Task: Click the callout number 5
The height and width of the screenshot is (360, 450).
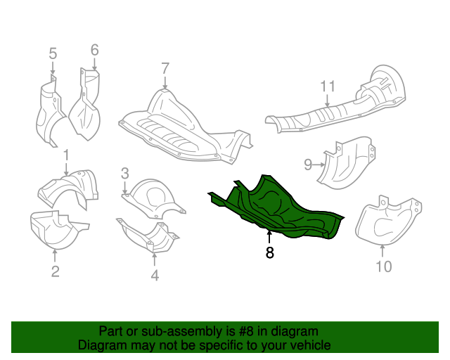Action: pyautogui.click(x=53, y=53)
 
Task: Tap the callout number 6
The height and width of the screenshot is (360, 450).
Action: pyautogui.click(x=94, y=50)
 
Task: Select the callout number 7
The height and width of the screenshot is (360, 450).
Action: pyautogui.click(x=165, y=69)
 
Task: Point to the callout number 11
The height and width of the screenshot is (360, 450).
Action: pyautogui.click(x=328, y=86)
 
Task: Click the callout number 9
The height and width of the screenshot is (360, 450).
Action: pyautogui.click(x=307, y=165)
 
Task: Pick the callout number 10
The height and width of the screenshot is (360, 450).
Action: pyautogui.click(x=383, y=266)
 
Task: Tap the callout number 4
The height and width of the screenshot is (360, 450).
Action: pyautogui.click(x=155, y=276)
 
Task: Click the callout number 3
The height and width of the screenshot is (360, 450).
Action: pyautogui.click(x=124, y=172)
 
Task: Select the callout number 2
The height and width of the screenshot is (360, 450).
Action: pyautogui.click(x=55, y=271)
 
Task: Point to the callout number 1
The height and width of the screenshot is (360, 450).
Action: pyautogui.click(x=66, y=153)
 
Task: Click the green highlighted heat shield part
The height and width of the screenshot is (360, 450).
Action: pyautogui.click(x=281, y=207)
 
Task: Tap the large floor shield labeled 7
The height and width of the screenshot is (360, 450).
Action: pyautogui.click(x=183, y=127)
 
